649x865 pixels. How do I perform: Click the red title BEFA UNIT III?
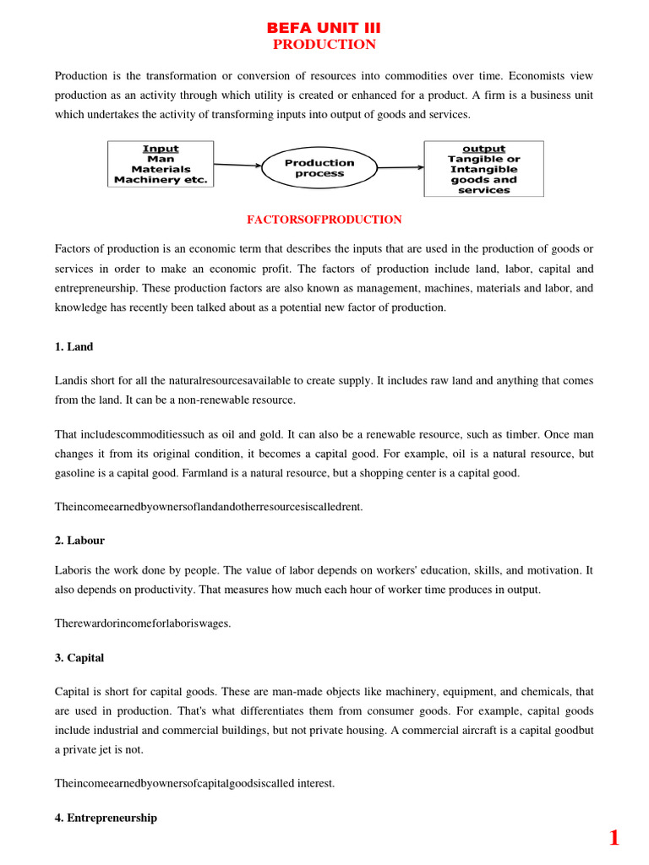click(324, 28)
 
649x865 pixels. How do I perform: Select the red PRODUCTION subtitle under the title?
click(324, 45)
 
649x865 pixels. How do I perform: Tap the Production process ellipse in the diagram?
click(319, 168)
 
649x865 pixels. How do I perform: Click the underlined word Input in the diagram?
click(160, 149)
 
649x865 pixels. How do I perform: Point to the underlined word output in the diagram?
click(484, 149)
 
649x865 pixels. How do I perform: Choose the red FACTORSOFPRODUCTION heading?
click(324, 220)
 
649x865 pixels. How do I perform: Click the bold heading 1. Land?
click(74, 346)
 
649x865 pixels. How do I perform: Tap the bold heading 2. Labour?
click(80, 540)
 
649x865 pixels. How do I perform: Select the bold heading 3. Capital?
click(79, 657)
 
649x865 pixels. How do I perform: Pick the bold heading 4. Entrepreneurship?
click(106, 818)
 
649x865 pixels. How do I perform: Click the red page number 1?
click(614, 838)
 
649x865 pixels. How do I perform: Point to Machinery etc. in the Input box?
click(160, 180)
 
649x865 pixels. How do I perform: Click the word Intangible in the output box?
click(484, 169)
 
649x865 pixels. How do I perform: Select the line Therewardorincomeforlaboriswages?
click(143, 623)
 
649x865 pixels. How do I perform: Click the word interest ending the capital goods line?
click(315, 783)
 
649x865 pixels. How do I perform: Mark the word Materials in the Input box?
click(160, 169)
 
